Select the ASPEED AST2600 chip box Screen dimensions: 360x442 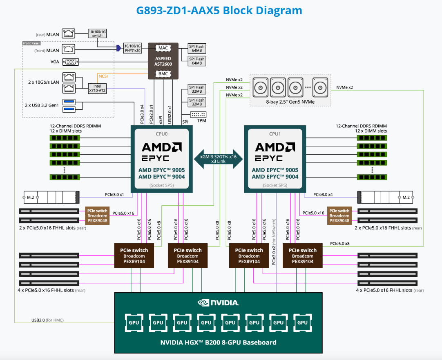point(163,61)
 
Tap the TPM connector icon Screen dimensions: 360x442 point(198,115)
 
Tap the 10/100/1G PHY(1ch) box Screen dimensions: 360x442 point(132,48)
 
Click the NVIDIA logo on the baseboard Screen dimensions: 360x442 point(218,303)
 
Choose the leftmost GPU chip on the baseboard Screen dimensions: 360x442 point(134,322)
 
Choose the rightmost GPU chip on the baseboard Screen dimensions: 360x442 point(302,322)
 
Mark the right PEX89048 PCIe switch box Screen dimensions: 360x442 point(339,216)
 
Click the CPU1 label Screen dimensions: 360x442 point(275,133)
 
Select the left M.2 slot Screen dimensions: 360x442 point(49,198)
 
